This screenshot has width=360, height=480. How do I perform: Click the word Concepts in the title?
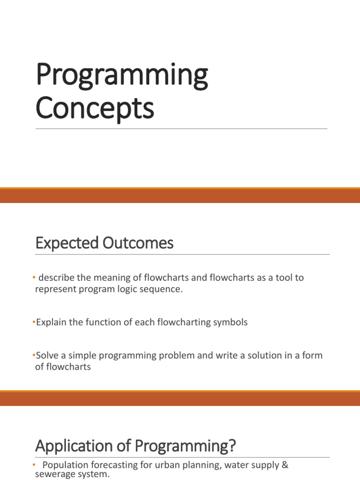tap(95, 108)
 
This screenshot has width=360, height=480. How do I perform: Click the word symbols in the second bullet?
tap(230, 322)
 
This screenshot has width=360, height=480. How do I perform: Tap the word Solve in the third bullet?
tap(47, 355)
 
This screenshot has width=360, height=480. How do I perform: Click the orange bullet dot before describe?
tap(34, 278)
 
